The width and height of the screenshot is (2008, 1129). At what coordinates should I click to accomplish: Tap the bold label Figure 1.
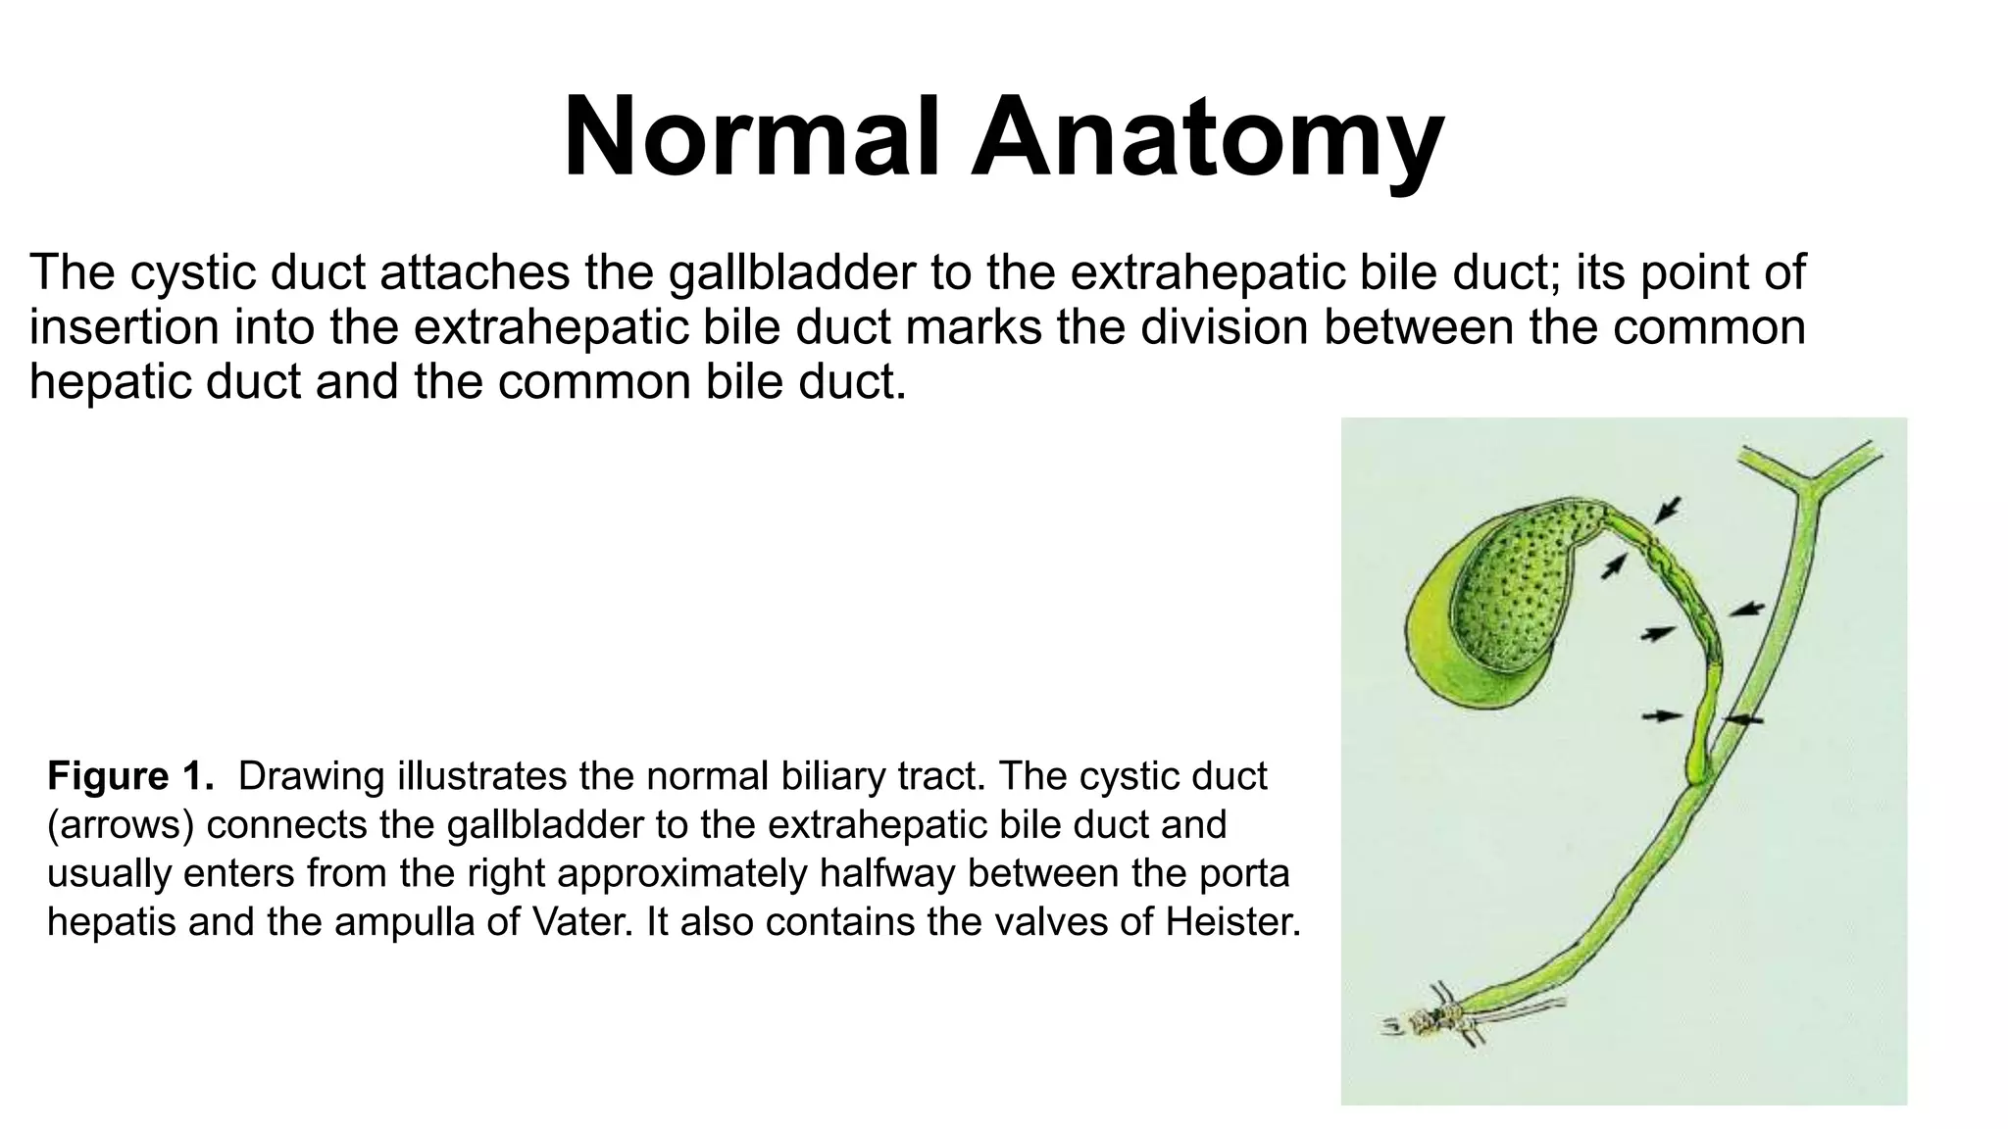(130, 776)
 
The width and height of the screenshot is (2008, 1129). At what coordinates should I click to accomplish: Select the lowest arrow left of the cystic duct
(1662, 716)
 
